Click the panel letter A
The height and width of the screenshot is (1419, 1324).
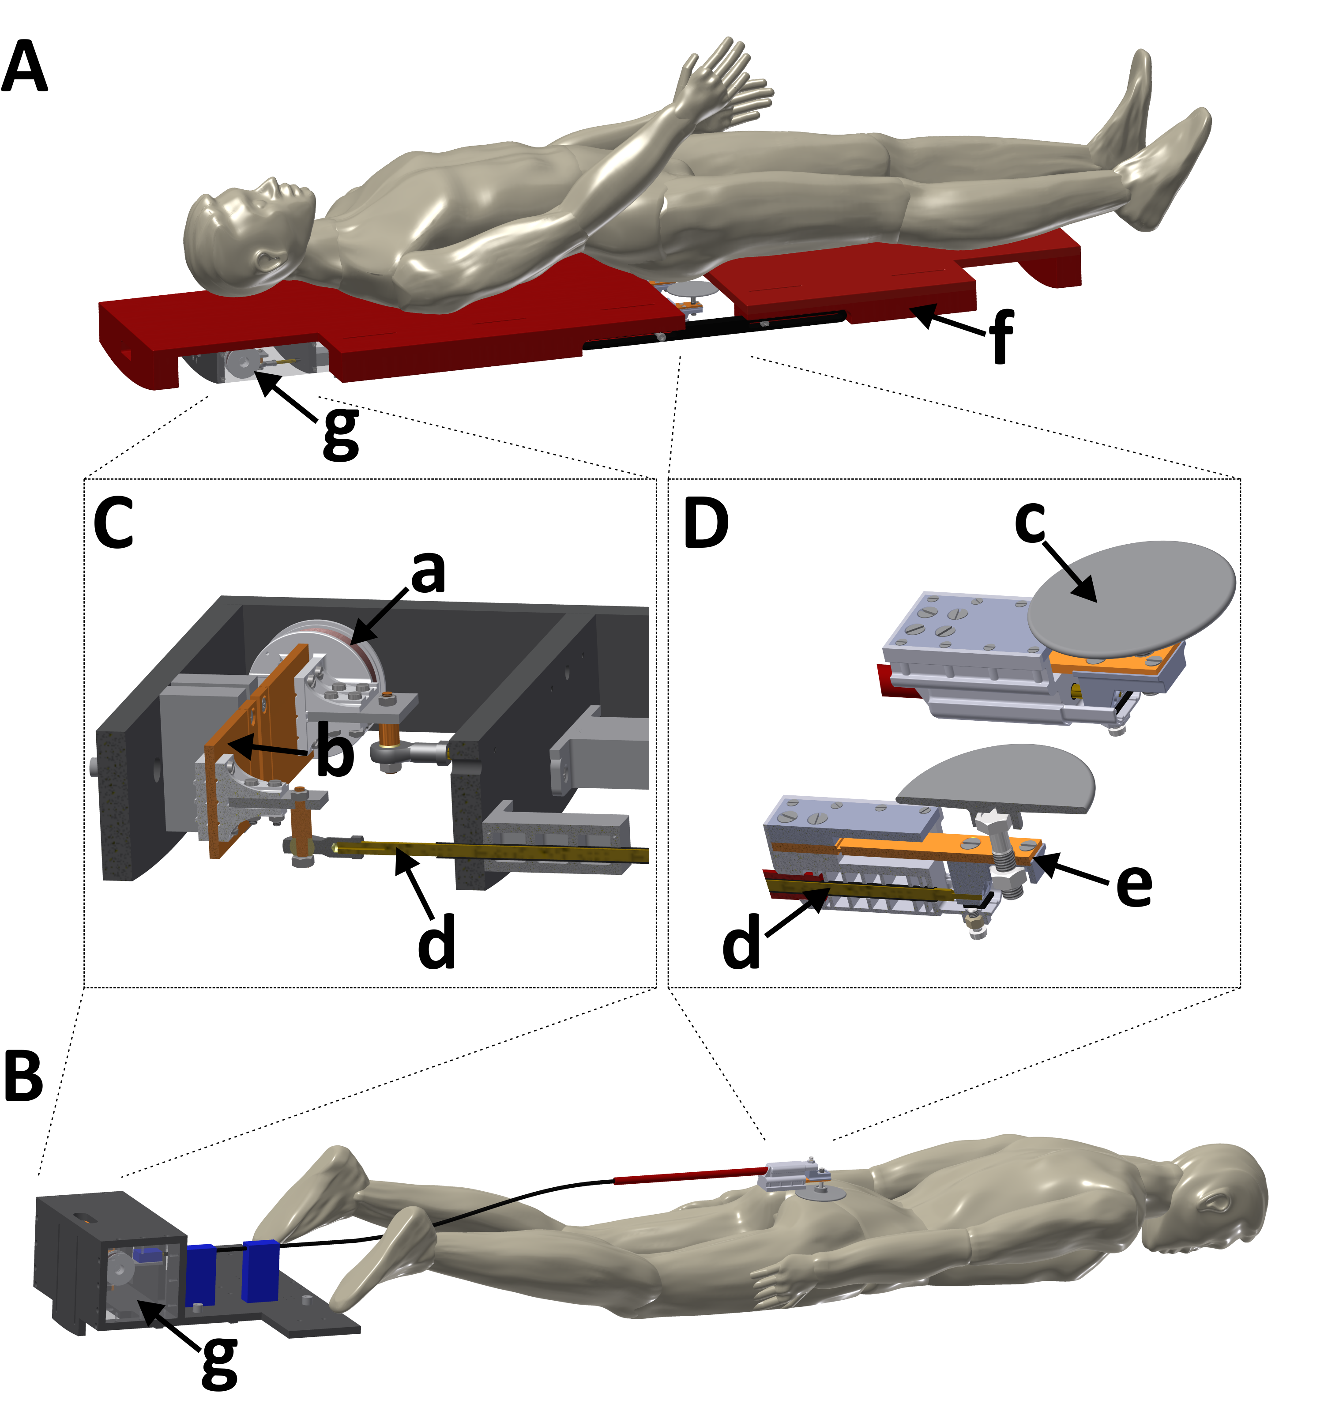click(x=25, y=68)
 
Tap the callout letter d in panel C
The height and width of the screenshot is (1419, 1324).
click(x=436, y=941)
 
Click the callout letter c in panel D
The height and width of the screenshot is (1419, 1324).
click(x=1030, y=522)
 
